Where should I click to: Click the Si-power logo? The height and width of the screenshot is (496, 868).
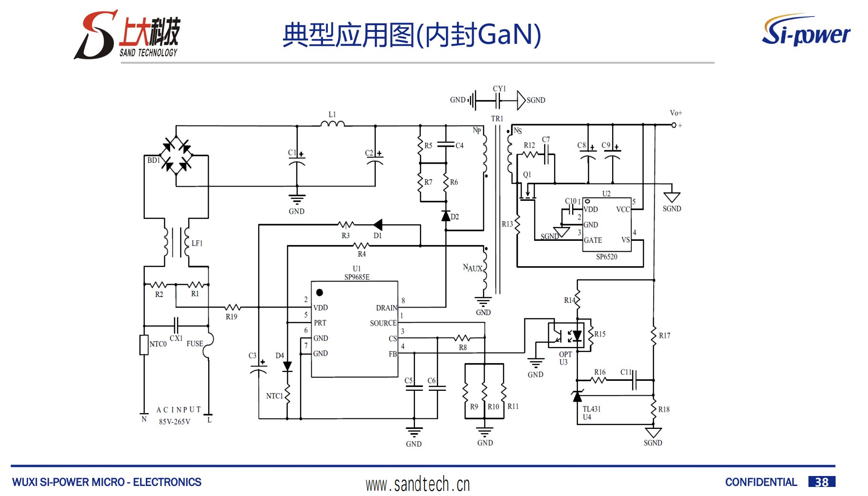point(806,30)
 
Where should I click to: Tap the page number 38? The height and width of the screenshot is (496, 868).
point(821,482)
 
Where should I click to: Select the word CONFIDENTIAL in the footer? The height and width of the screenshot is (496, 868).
point(760,482)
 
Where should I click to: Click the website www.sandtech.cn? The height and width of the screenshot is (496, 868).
point(418,484)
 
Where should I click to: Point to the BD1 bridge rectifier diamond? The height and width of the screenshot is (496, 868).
point(176,155)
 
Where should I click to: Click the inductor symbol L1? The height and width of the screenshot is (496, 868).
point(333,124)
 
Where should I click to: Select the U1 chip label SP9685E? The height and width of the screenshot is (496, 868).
point(357,277)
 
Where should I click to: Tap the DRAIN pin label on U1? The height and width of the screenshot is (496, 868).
point(386,308)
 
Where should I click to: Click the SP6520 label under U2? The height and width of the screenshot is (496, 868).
point(606,257)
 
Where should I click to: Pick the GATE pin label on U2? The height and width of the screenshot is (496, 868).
point(593,240)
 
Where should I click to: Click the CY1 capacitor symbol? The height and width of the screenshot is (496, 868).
point(497,100)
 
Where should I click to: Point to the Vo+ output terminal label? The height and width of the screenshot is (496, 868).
point(676,113)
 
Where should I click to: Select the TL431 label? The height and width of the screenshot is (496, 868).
point(591,409)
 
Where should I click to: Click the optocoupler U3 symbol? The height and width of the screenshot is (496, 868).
point(565,335)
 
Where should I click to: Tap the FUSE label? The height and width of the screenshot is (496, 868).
point(194,344)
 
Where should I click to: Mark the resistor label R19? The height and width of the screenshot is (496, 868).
point(232,317)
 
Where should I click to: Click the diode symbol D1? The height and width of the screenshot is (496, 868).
point(378,225)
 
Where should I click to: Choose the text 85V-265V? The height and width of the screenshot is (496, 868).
point(174,422)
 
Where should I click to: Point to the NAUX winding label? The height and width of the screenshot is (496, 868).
point(472,268)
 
